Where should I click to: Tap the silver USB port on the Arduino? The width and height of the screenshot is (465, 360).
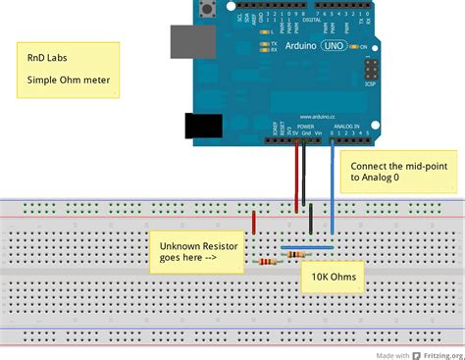(x=190, y=41)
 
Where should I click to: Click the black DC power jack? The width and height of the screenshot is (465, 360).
(x=203, y=126)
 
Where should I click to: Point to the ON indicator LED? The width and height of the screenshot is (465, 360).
(x=354, y=46)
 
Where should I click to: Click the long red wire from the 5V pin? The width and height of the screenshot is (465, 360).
(x=296, y=177)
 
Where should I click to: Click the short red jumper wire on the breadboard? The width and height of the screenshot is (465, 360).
(x=254, y=223)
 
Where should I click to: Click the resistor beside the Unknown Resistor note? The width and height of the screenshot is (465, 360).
(x=266, y=261)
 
